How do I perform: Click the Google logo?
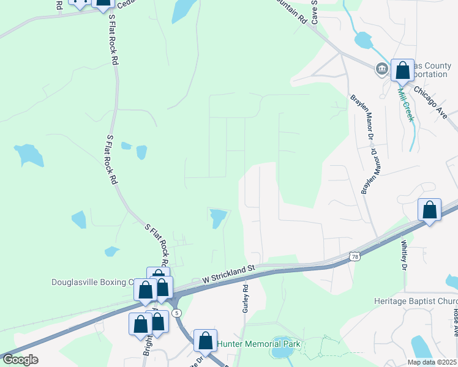(x=20, y=360)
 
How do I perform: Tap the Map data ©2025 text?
(x=432, y=362)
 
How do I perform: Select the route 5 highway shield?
(x=176, y=313)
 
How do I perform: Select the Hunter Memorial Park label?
(x=259, y=344)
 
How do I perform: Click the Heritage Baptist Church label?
(x=416, y=302)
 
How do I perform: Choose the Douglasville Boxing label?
(x=92, y=282)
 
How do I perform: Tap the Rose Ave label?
(x=456, y=321)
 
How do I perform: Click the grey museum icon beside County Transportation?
(x=382, y=69)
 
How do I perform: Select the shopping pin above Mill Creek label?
(x=402, y=70)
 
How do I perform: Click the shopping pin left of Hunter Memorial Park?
(x=206, y=340)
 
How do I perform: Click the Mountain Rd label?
(x=290, y=11)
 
